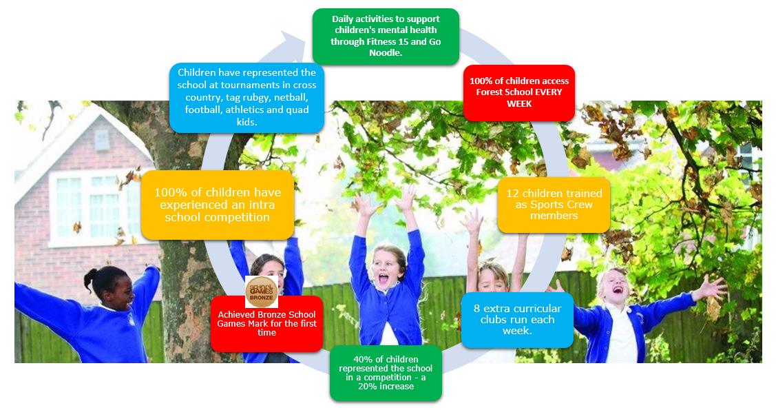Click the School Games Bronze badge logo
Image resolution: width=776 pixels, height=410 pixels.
tap(262, 291)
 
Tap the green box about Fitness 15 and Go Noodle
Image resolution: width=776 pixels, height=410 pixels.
tap(386, 36)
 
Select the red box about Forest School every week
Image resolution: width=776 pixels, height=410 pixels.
tap(519, 92)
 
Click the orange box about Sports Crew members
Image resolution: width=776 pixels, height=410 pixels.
tap(554, 205)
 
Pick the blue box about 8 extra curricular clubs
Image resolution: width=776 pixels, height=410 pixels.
tap(518, 320)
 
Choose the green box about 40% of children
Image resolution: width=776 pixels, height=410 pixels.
tap(386, 373)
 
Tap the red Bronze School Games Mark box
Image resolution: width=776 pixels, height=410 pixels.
tap(266, 324)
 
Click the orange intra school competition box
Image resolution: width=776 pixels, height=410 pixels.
tap(218, 205)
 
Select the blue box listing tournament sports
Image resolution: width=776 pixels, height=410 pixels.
tap(247, 98)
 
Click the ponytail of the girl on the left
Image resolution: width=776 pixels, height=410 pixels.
tap(89, 280)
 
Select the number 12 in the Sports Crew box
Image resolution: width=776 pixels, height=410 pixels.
tap(513, 194)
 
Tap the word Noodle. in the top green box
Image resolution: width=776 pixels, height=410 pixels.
tap(386, 53)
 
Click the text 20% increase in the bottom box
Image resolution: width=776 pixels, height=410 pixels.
tap(386, 387)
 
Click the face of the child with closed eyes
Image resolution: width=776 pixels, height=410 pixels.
tap(492, 280)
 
